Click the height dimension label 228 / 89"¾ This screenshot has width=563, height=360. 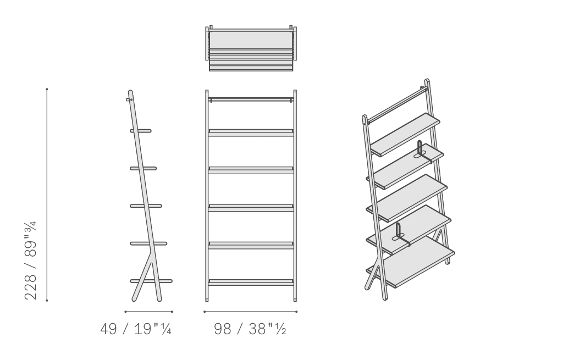click(31, 261)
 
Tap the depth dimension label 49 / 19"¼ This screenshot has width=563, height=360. click(136, 329)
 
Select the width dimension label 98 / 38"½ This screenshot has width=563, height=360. click(250, 329)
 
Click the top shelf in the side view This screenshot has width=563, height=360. click(141, 131)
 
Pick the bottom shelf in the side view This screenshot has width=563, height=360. click(151, 281)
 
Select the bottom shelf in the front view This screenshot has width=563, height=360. click(251, 283)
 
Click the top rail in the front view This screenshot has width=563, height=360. click(251, 100)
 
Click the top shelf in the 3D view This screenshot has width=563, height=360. click(405, 134)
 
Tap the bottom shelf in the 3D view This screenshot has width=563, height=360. click(410, 262)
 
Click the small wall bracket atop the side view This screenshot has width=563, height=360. click(129, 99)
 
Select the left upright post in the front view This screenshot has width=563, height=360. click(207, 196)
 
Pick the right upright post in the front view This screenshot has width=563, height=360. click(295, 196)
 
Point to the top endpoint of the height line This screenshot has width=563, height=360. click(47, 89)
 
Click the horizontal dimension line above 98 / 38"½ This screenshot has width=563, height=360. click(251, 312)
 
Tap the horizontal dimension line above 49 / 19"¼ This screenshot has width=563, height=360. click(148, 312)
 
